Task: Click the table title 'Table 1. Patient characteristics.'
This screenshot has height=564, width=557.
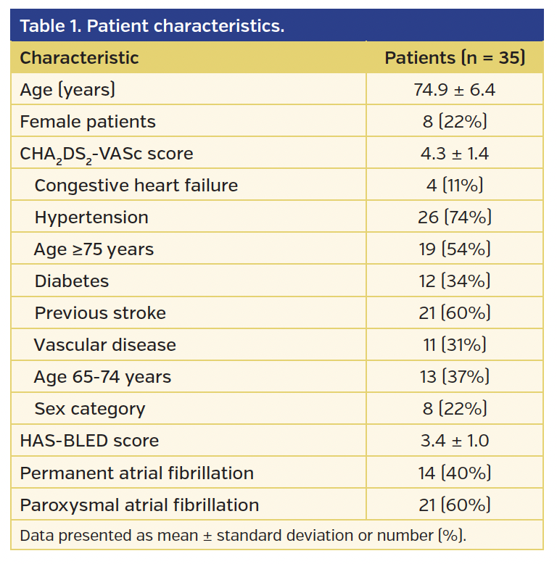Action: pos(152,26)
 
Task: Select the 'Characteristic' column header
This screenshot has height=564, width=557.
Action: pos(79,58)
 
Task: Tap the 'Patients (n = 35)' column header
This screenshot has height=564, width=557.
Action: pos(454,58)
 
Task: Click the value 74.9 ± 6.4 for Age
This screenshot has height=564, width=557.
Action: pos(454,90)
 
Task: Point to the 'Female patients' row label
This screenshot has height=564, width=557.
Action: pos(88,122)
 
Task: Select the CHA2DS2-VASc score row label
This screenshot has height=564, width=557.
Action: pos(107,154)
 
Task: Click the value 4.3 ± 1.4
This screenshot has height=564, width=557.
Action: pos(454,154)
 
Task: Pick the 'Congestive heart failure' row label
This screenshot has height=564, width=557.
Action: pos(136,186)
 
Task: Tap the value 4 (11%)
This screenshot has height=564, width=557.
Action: pos(454,186)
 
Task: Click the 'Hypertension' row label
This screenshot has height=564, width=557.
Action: pos(91,217)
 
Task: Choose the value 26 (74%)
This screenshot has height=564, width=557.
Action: pos(454,217)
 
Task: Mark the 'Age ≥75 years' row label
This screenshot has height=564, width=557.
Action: pos(94,249)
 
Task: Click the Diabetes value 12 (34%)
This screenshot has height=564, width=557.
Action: pos(454,281)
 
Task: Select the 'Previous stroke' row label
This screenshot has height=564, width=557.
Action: pos(100,313)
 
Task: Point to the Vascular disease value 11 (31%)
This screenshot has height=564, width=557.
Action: pos(454,345)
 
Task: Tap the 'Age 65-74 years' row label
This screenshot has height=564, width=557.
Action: pos(102,377)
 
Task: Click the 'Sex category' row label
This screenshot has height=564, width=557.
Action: pos(90,409)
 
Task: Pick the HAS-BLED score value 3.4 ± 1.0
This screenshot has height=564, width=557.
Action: pos(454,441)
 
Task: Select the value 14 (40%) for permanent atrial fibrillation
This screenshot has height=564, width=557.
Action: pos(454,473)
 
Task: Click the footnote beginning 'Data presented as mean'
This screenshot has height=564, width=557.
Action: pos(243,536)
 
